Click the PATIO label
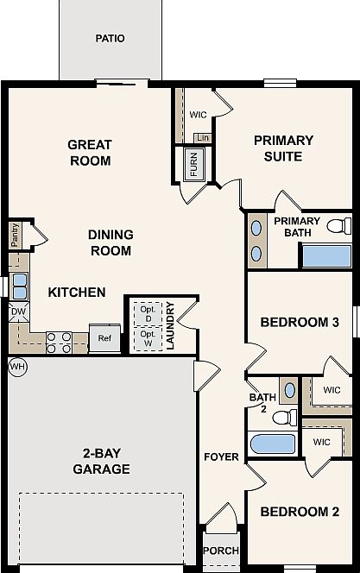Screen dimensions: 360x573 110,38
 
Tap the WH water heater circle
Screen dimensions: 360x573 17,366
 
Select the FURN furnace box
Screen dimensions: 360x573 193,164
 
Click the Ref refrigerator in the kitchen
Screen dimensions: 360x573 104,338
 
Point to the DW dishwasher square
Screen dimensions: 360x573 19,312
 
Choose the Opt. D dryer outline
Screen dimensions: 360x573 148,314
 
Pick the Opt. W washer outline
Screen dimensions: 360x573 148,339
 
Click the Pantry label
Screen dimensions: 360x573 15,235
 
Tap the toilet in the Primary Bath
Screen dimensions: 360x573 338,225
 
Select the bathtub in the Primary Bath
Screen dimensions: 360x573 326,256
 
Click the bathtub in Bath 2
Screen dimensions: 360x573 273,444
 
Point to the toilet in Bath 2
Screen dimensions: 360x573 285,418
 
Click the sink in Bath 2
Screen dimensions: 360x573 289,390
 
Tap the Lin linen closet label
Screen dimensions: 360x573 203,138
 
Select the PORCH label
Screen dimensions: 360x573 221,551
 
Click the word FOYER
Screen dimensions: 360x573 221,457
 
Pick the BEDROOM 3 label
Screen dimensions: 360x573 300,323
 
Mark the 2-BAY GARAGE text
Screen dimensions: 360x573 101,461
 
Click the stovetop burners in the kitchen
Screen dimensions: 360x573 59,343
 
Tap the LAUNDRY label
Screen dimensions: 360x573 170,325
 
